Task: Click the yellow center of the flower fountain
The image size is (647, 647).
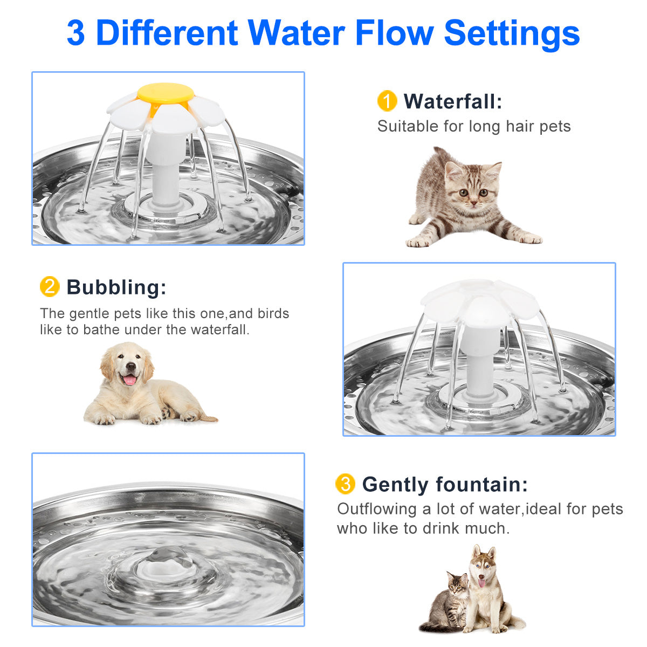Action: click(x=165, y=93)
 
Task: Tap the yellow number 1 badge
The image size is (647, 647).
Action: click(x=387, y=101)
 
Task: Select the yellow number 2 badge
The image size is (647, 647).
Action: click(x=50, y=287)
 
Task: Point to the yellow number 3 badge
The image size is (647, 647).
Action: click(x=345, y=484)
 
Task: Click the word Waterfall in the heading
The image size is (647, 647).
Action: click(x=452, y=101)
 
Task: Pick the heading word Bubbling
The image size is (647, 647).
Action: click(x=116, y=287)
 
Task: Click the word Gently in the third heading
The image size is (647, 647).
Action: click(x=396, y=484)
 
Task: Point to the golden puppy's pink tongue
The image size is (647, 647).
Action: click(x=130, y=380)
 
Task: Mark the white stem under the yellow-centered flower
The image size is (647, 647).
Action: click(x=166, y=173)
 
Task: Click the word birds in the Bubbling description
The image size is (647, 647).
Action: click(x=273, y=313)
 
